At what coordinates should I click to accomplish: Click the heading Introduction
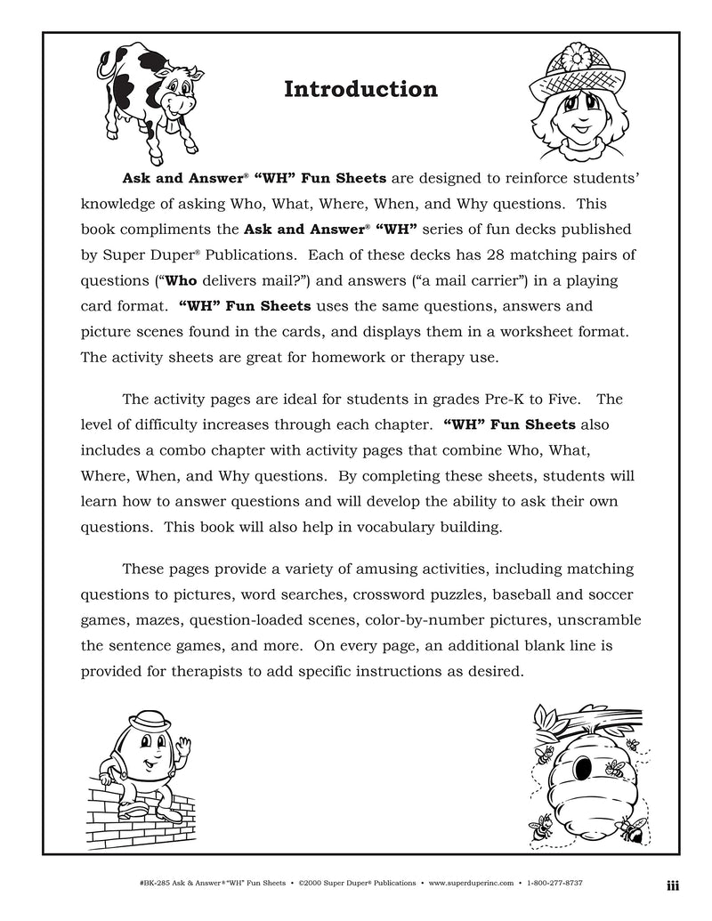(x=360, y=90)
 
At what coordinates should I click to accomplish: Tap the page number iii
(x=673, y=884)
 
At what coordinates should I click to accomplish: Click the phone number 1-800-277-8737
(x=611, y=884)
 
